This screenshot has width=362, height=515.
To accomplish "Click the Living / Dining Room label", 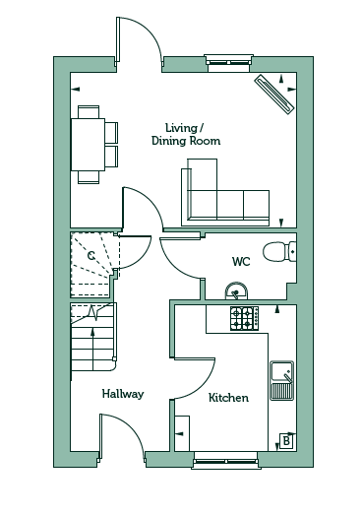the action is pos(186,134).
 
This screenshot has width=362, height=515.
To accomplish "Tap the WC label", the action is pos(241,262).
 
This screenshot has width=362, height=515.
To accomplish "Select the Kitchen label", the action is pos(228,398).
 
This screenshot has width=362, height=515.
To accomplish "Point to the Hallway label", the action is pos(123,394).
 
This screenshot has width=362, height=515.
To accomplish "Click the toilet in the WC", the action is pos(279,252).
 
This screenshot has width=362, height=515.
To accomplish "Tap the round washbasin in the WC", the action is pos(236,290).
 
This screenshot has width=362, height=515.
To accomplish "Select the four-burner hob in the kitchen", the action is pos(245,318).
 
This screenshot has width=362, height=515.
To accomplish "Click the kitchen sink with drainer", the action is pos(282,381).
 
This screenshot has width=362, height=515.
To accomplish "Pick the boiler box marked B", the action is pos(286,441).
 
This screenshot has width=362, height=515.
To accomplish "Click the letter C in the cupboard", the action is pos(91,255).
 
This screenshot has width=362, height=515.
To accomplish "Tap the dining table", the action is pos(88,145).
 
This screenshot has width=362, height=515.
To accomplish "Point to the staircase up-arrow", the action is pos(92,344).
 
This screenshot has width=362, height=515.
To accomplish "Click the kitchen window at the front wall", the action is pos(225,459).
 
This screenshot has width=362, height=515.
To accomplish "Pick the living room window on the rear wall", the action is pos(228,63).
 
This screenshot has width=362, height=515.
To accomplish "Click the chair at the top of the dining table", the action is pos(89,111).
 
